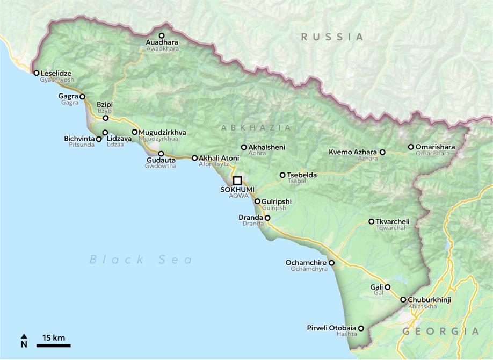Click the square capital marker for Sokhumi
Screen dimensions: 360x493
pos(237,181)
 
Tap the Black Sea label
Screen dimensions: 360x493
pos(141,260)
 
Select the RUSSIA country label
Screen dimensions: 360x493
pos(332,37)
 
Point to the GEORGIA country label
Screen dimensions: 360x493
pos(440,332)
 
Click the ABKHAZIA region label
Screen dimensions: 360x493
pos(256,128)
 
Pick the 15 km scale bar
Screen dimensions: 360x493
pos(53,344)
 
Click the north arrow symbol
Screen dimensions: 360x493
pos(24,341)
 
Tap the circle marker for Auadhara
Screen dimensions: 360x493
pos(161,35)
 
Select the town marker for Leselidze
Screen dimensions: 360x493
pos(36,73)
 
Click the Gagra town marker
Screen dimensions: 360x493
pos(82,97)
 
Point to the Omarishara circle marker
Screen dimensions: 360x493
pos(411,147)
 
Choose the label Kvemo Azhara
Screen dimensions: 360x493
pos(353,152)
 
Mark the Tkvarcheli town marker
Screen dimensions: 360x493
pos(371,221)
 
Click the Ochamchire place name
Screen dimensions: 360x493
pos(306,263)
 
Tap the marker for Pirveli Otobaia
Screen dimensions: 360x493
pos(361,328)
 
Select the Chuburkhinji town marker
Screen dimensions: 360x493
pos(403,300)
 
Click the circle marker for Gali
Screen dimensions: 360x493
pos(387,287)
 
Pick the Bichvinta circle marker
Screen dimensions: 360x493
pos(98,139)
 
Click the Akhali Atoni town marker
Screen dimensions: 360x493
pos(194,158)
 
